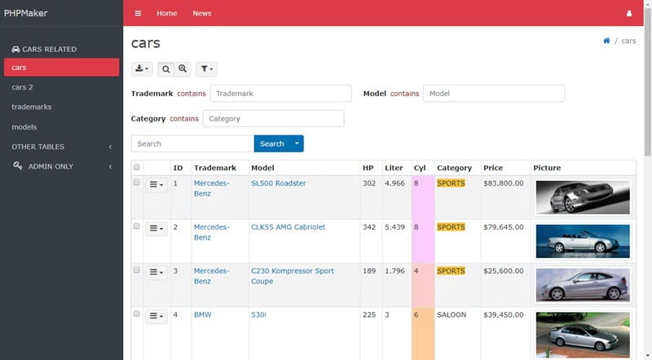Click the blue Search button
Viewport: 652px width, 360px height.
(272, 143)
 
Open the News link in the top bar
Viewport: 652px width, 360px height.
(201, 13)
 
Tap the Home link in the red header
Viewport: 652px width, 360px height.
(167, 13)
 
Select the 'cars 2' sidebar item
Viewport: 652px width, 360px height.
(22, 87)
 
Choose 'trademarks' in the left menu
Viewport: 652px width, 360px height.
(32, 107)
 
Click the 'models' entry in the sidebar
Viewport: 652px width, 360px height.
(24, 127)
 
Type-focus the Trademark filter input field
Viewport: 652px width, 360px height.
(280, 94)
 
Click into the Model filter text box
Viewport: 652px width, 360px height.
(494, 94)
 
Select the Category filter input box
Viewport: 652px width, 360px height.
(273, 118)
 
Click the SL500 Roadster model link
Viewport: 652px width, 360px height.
(278, 183)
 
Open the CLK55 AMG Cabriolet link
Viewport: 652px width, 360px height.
(289, 227)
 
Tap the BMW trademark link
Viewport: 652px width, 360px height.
(202, 314)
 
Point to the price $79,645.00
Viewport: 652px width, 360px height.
(503, 227)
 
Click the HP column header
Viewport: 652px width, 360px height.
(368, 168)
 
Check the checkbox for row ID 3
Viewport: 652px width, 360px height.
(136, 270)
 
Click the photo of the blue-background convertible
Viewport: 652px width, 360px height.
(583, 241)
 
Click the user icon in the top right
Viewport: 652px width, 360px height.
(629, 13)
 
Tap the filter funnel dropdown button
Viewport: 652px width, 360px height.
(207, 69)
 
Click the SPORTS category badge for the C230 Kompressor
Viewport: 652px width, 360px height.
(451, 271)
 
